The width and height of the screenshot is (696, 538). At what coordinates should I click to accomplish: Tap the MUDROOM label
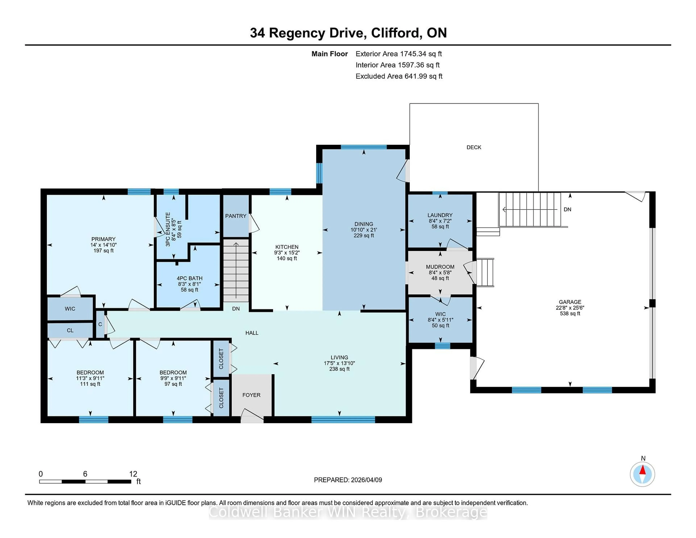pos(440,267)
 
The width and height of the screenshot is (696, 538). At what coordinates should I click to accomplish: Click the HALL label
pos(252,333)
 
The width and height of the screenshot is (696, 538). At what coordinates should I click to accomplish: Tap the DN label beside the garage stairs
pos(567,209)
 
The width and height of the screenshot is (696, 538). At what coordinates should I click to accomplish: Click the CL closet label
pos(70,330)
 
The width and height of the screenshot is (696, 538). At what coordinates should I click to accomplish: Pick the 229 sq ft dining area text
pos(364,235)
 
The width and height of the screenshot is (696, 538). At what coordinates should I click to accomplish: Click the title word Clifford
pos(395,33)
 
